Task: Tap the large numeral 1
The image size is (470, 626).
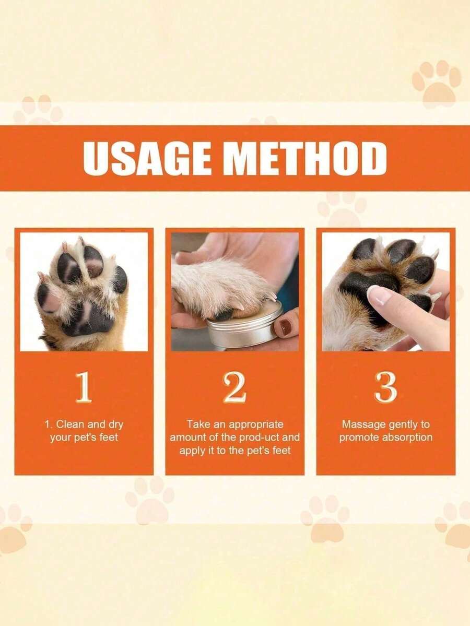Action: coord(84,387)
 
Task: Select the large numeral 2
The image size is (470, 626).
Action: coord(234,387)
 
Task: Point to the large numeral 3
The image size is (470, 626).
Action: coord(385,387)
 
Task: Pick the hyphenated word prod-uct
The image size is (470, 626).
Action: coord(261,437)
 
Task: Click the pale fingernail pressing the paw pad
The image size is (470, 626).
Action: coord(378,295)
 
